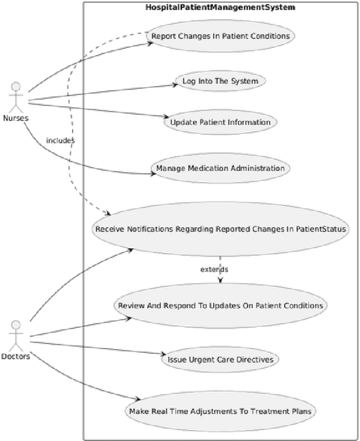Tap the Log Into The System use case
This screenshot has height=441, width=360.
click(x=220, y=81)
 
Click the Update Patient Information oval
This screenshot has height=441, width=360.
click(x=220, y=122)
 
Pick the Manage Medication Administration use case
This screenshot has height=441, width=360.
click(x=220, y=168)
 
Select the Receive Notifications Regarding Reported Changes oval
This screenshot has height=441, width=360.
click(x=220, y=229)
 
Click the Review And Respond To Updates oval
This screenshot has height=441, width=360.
click(x=220, y=305)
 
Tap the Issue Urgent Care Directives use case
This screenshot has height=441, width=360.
click(x=220, y=359)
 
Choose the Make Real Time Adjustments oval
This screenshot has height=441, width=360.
click(x=220, y=411)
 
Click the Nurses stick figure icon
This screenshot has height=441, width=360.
click(x=16, y=96)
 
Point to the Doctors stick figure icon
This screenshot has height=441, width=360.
click(x=16, y=335)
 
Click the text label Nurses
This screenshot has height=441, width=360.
click(x=16, y=118)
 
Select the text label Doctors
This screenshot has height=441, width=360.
click(x=16, y=357)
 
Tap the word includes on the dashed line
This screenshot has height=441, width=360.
click(x=60, y=141)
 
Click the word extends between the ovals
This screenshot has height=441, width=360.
click(x=214, y=269)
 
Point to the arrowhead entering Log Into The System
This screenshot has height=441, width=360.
click(x=174, y=85)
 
